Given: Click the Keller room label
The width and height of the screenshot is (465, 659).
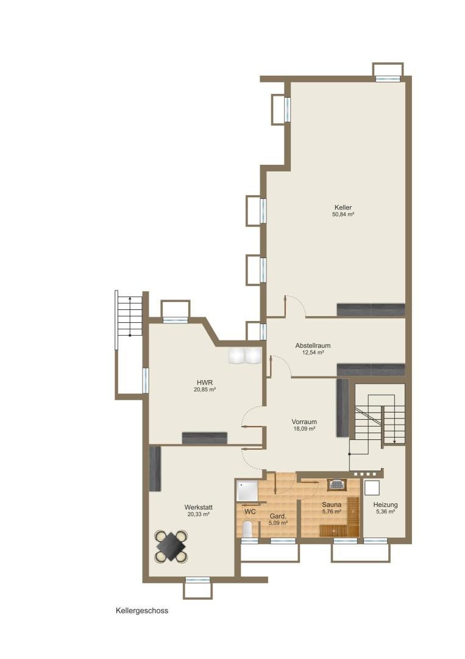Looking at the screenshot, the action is [x=343, y=207].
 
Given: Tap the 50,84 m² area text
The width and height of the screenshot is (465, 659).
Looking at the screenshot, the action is [x=343, y=214].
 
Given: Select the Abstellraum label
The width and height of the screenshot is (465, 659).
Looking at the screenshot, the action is [x=313, y=345].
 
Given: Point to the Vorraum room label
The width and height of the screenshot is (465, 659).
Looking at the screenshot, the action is [x=304, y=422].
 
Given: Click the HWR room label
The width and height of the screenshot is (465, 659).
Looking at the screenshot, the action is [x=205, y=383].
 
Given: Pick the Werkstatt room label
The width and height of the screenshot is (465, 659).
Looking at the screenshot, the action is [x=199, y=507].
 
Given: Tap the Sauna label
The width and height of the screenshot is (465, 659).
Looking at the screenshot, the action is [x=332, y=505].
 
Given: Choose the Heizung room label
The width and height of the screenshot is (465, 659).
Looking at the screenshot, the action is [x=385, y=505].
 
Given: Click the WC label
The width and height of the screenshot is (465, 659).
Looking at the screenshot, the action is [x=250, y=511].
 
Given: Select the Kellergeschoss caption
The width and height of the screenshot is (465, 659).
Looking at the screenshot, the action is [x=142, y=611].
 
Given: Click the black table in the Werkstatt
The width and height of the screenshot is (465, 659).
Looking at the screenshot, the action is [x=171, y=547].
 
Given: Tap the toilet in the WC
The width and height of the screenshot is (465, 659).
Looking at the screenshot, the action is [x=247, y=530].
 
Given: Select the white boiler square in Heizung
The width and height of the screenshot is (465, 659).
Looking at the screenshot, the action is [x=372, y=488].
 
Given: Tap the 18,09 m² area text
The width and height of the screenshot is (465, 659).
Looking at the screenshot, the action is [x=304, y=429].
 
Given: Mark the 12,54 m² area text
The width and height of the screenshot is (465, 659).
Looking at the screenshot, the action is [x=313, y=353].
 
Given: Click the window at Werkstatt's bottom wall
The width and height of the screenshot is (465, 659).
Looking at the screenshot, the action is [x=197, y=580].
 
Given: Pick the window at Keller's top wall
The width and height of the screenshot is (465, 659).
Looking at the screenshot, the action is [x=388, y=79].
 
